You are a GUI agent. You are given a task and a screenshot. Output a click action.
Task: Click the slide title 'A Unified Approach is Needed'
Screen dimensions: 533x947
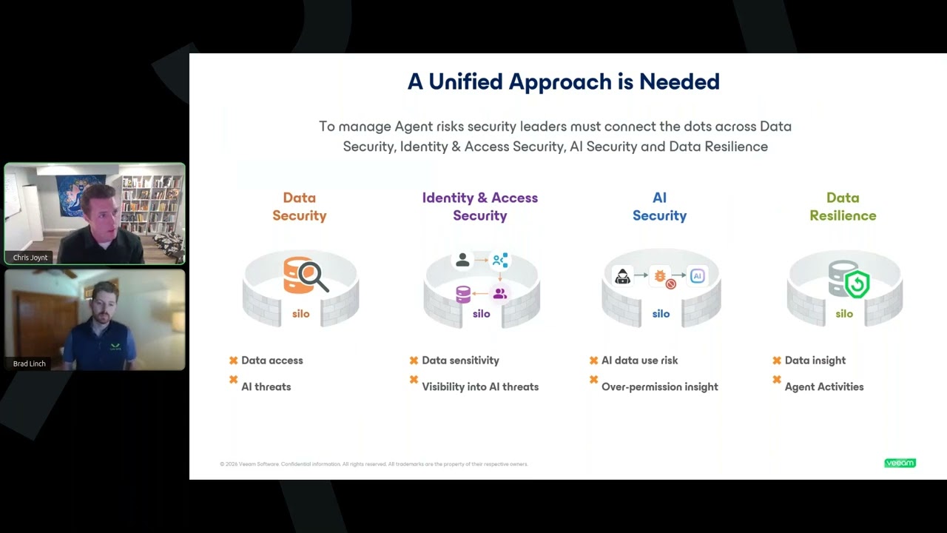click(x=563, y=81)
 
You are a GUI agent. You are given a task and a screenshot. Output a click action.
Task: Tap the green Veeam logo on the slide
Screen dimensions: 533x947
click(x=900, y=463)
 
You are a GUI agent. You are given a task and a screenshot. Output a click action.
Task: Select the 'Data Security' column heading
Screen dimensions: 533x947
click(x=299, y=207)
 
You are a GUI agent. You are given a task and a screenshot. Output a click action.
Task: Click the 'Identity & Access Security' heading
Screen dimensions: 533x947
click(x=479, y=207)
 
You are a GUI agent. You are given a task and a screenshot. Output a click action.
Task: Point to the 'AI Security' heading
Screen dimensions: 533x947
click(x=659, y=207)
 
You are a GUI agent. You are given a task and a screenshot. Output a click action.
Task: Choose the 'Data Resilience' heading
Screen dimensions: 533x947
click(x=843, y=207)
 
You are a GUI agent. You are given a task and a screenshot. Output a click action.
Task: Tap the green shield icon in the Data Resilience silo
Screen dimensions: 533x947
click(x=857, y=284)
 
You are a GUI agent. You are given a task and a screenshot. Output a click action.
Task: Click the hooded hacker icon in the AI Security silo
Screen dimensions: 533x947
click(x=622, y=276)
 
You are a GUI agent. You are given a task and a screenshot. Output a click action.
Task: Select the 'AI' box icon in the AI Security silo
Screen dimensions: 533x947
click(x=697, y=276)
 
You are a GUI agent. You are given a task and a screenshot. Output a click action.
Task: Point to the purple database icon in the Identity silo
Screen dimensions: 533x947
click(x=463, y=295)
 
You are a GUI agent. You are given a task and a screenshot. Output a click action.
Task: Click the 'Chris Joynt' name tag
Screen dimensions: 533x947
click(x=30, y=258)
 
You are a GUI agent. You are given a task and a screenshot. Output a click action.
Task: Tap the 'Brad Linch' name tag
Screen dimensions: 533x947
click(x=30, y=363)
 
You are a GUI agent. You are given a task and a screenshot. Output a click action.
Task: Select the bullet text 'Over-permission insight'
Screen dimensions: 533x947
click(x=659, y=386)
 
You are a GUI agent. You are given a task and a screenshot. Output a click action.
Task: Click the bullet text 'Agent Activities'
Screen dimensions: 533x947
click(x=824, y=386)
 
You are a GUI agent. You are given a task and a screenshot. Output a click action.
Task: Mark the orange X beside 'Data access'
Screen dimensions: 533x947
click(x=233, y=361)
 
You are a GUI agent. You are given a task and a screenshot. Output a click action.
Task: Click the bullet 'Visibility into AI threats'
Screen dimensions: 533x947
click(x=480, y=386)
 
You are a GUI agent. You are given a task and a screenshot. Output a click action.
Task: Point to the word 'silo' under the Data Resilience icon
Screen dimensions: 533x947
click(x=844, y=314)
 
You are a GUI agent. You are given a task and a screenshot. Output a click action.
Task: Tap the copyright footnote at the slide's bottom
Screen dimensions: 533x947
click(x=374, y=464)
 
